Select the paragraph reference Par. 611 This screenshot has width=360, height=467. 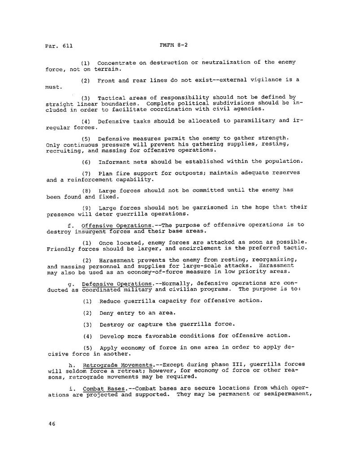[x=59, y=46]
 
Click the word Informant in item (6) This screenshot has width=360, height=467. [x=114, y=161]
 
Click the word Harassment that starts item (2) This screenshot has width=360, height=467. [x=117, y=260]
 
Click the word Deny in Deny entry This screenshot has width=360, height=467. [x=106, y=313]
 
